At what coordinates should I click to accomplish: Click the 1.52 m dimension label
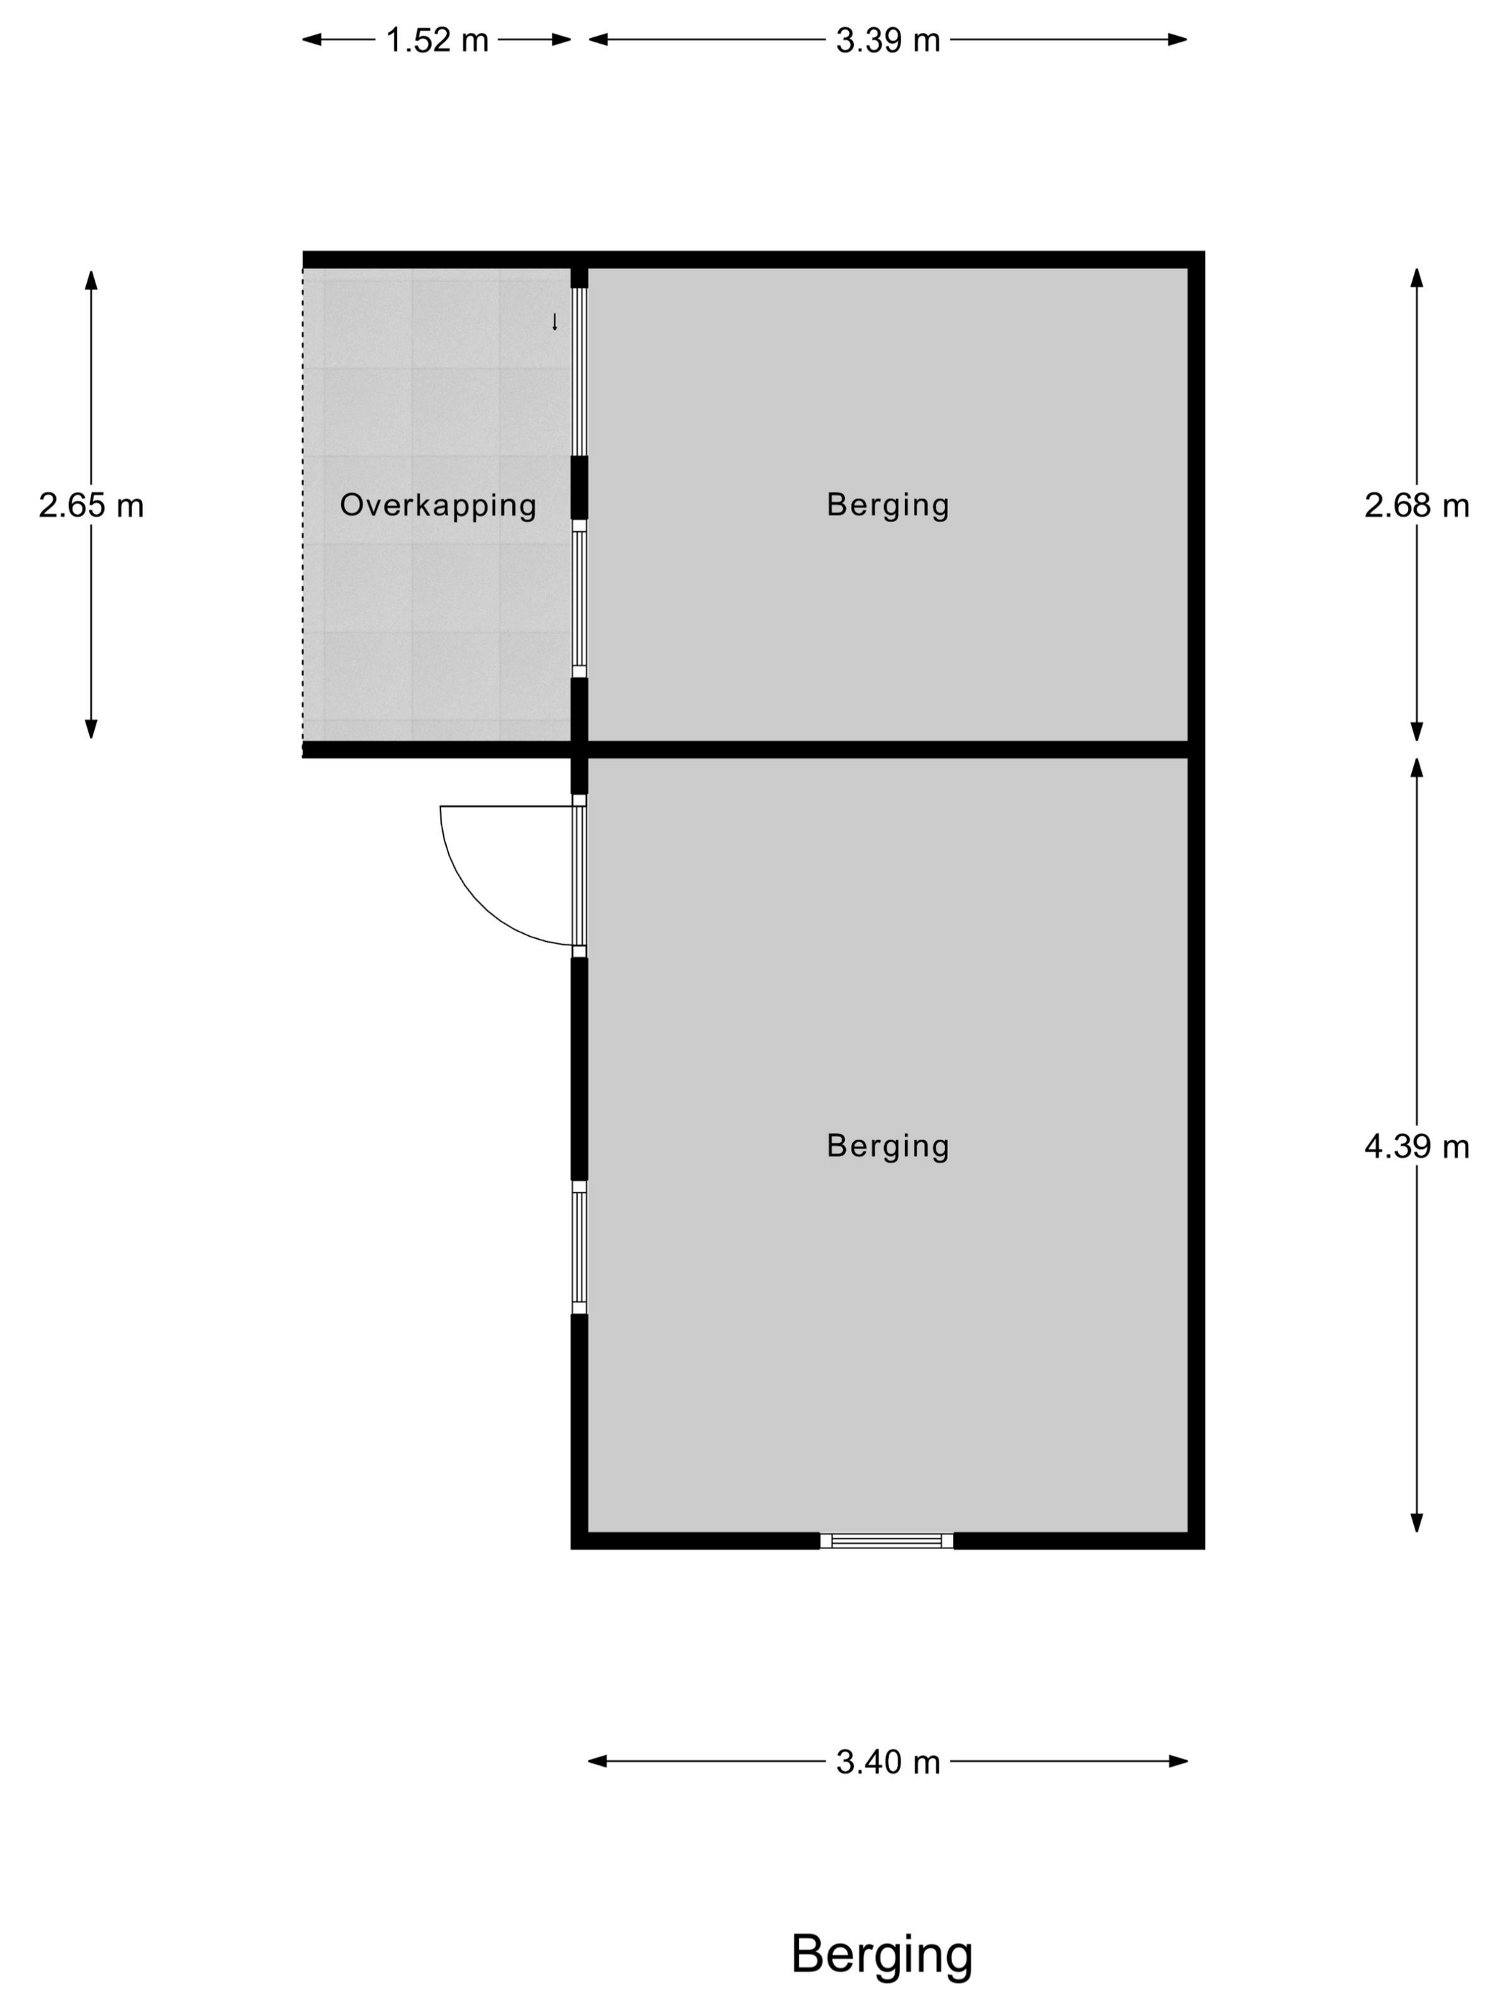tap(437, 40)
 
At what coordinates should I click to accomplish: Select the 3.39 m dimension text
tap(888, 40)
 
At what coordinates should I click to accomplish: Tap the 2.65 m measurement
tap(91, 505)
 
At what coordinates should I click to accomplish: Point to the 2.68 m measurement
tap(1416, 505)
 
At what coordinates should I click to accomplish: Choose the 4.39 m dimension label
tap(1416, 1146)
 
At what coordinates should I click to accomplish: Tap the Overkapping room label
tap(438, 505)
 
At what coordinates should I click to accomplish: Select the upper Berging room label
tap(888, 505)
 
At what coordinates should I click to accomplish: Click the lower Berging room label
tap(888, 1146)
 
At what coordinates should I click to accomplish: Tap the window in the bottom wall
tap(886, 1541)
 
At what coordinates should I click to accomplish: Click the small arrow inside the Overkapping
tap(554, 322)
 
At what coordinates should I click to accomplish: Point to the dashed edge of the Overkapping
tap(304, 505)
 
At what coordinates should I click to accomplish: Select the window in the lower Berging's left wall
tap(579, 1248)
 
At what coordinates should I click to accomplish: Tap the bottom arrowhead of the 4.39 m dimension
tap(1416, 1522)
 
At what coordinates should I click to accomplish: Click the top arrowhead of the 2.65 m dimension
tap(91, 280)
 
